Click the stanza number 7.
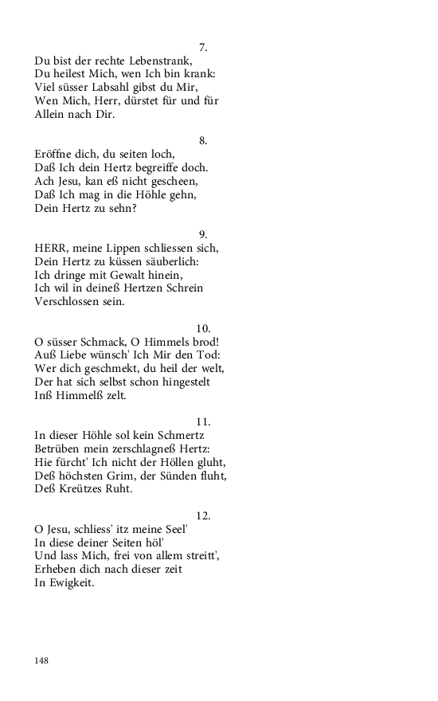coord(203,48)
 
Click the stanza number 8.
coord(203,141)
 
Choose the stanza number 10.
coord(203,328)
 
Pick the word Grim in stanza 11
coord(118,476)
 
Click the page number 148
coord(42,660)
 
